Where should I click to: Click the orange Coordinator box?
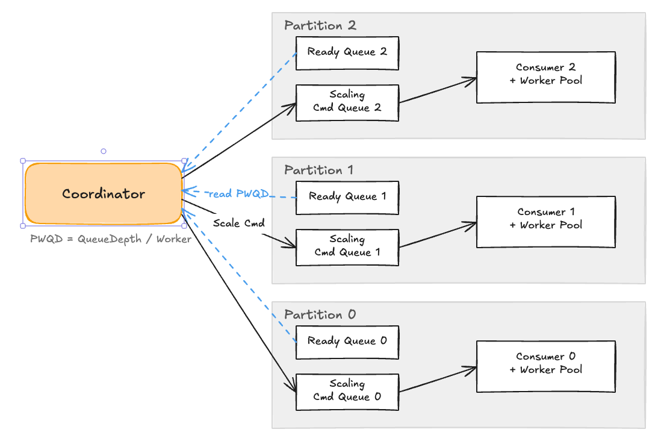[103, 194]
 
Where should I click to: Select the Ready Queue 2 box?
[347, 52]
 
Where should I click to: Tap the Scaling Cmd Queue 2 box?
[347, 102]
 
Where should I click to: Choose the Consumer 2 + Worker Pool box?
[545, 77]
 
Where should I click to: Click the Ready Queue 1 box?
[347, 197]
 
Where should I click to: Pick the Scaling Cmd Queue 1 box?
[347, 247]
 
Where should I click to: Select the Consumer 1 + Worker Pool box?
[545, 221]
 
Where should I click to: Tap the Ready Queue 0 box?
[347, 342]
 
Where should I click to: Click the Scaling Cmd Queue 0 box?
[347, 392]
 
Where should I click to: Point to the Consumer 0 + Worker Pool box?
[545, 366]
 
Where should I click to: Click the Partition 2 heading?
[320, 25]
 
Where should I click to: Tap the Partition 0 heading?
[320, 314]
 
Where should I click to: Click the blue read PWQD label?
[238, 194]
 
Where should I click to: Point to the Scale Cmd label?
[239, 223]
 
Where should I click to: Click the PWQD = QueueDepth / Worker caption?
[111, 239]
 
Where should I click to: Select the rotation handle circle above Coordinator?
[104, 151]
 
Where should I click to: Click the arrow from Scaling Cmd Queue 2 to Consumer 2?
[438, 90]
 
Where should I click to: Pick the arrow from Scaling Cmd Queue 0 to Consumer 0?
[438, 379]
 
